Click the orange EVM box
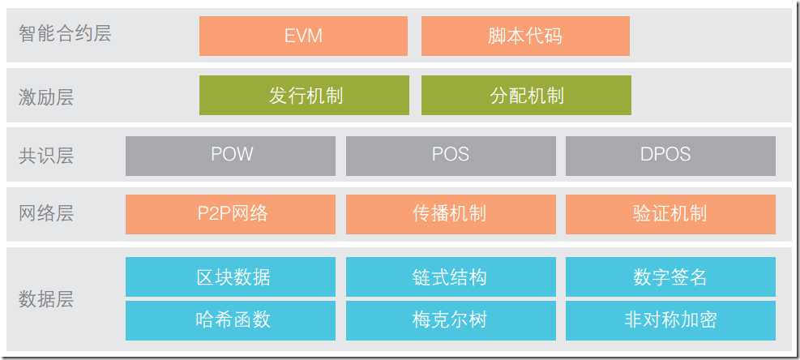point(303,36)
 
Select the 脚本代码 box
point(525,36)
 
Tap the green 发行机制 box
point(304,96)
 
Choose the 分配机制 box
point(526,96)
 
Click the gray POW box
point(231,156)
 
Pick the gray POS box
point(451,156)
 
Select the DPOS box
point(670,156)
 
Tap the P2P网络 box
point(231,215)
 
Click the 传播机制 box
point(451,215)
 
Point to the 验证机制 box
point(670,215)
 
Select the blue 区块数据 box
point(231,276)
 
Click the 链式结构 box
point(451,276)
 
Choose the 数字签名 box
point(670,276)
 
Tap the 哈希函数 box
point(231,320)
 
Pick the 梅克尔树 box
point(451,320)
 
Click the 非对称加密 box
point(670,320)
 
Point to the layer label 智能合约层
point(65,34)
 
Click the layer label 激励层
point(46,96)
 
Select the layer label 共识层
point(46,156)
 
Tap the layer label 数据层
point(46,299)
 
